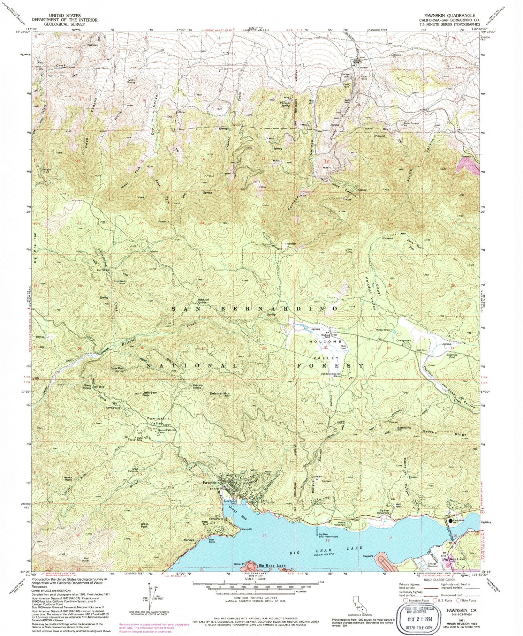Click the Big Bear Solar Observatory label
328,536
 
